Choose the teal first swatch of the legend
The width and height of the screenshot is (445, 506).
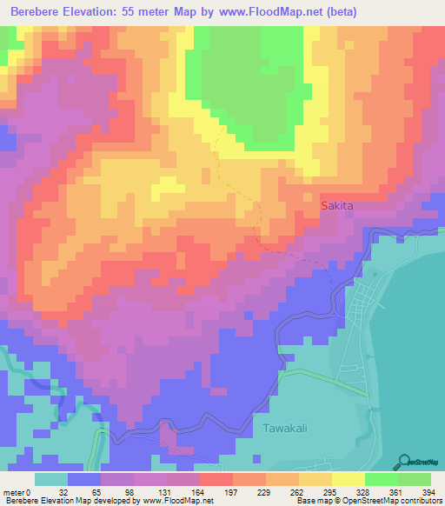coord(51,479)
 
